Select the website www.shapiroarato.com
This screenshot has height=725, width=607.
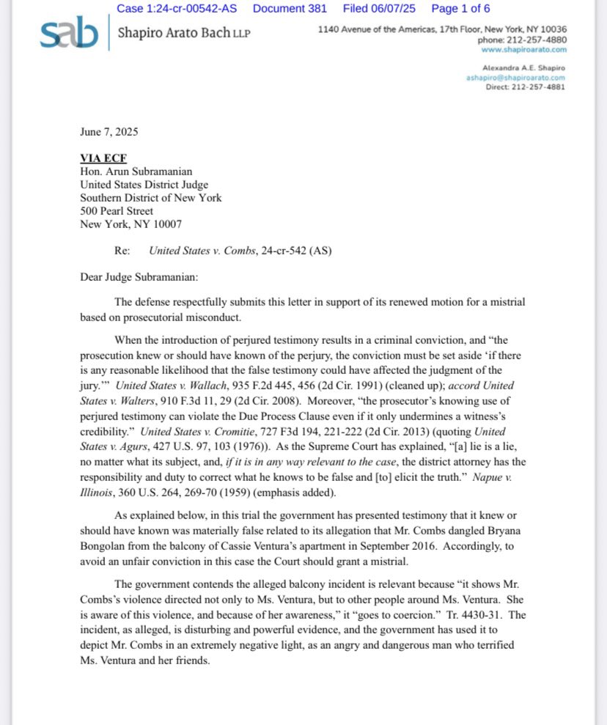524,50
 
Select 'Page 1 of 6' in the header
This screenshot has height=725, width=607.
460,9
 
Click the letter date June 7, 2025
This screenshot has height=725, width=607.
109,132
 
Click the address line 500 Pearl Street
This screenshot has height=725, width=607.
117,211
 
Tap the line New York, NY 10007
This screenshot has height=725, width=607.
131,224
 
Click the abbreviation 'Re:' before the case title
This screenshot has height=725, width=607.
122,251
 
